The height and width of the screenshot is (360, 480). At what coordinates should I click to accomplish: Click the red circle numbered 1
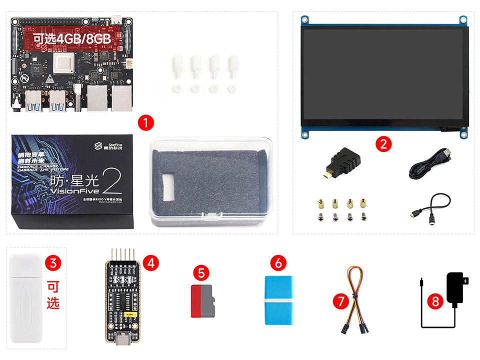tap(145, 122)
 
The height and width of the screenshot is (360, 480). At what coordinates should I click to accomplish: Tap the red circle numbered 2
tap(383, 144)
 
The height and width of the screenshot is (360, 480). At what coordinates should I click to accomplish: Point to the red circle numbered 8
tap(435, 301)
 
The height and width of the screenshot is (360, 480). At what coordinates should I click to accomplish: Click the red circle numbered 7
tap(341, 301)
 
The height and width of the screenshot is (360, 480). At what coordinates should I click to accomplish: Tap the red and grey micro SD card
tap(202, 301)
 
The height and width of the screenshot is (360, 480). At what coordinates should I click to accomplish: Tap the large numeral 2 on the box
tap(113, 183)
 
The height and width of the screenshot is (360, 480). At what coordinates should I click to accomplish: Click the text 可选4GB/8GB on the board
tap(72, 39)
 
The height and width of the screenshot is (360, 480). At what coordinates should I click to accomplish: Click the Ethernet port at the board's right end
tap(121, 98)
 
